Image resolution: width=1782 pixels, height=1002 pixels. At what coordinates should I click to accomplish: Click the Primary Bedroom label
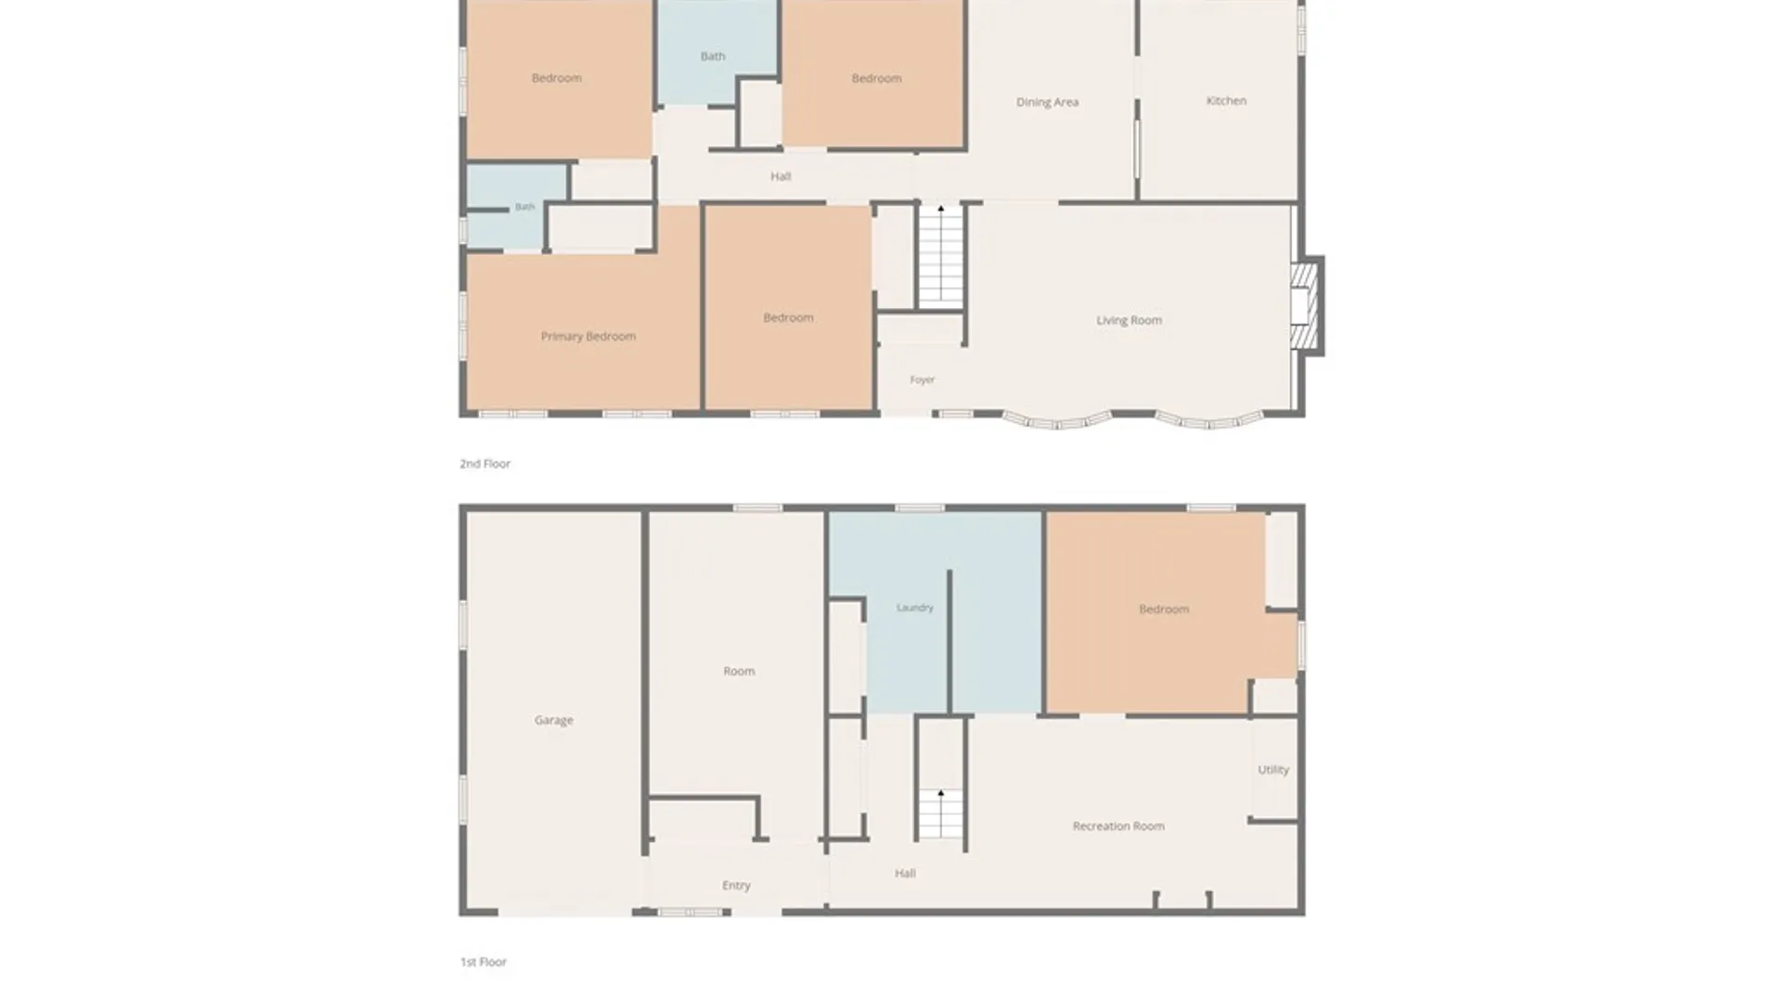coord(588,336)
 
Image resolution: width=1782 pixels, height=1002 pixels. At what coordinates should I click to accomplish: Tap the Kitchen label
coord(1226,100)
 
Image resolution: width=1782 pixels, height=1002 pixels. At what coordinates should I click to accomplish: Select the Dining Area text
coord(1047,102)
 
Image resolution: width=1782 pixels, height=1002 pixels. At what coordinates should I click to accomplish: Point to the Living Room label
coord(1129,320)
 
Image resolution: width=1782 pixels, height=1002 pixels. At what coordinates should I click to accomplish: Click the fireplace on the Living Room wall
coord(1306,306)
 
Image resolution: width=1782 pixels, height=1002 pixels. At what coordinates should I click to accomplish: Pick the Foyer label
coord(922,379)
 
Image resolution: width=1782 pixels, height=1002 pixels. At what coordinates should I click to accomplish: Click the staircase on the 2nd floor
coord(941,255)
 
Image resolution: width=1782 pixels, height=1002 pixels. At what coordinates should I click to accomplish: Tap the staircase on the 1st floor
coord(941,814)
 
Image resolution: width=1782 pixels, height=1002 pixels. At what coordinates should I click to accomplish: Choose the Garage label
coord(554,720)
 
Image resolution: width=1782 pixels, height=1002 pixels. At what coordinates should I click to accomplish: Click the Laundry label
coord(915,608)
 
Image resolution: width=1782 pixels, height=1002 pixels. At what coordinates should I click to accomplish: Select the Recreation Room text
coord(1118,826)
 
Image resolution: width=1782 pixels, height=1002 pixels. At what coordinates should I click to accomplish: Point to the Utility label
coord(1273,769)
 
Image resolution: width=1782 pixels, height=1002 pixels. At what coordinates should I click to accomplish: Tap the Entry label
coord(736,885)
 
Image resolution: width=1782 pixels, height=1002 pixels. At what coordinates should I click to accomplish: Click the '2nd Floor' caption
coord(485,463)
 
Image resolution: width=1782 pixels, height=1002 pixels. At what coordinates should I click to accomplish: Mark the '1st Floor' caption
coord(484,962)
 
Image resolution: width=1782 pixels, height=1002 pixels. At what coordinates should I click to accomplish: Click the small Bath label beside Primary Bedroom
coord(525,207)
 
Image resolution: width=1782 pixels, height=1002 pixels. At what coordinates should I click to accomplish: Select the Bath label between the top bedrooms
coord(713,56)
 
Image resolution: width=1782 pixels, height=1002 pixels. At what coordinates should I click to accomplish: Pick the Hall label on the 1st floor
coord(905,873)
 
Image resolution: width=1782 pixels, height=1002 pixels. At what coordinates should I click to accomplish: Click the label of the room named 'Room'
coord(739,671)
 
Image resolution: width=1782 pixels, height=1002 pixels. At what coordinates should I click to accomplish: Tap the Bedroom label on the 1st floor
coord(1164,610)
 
